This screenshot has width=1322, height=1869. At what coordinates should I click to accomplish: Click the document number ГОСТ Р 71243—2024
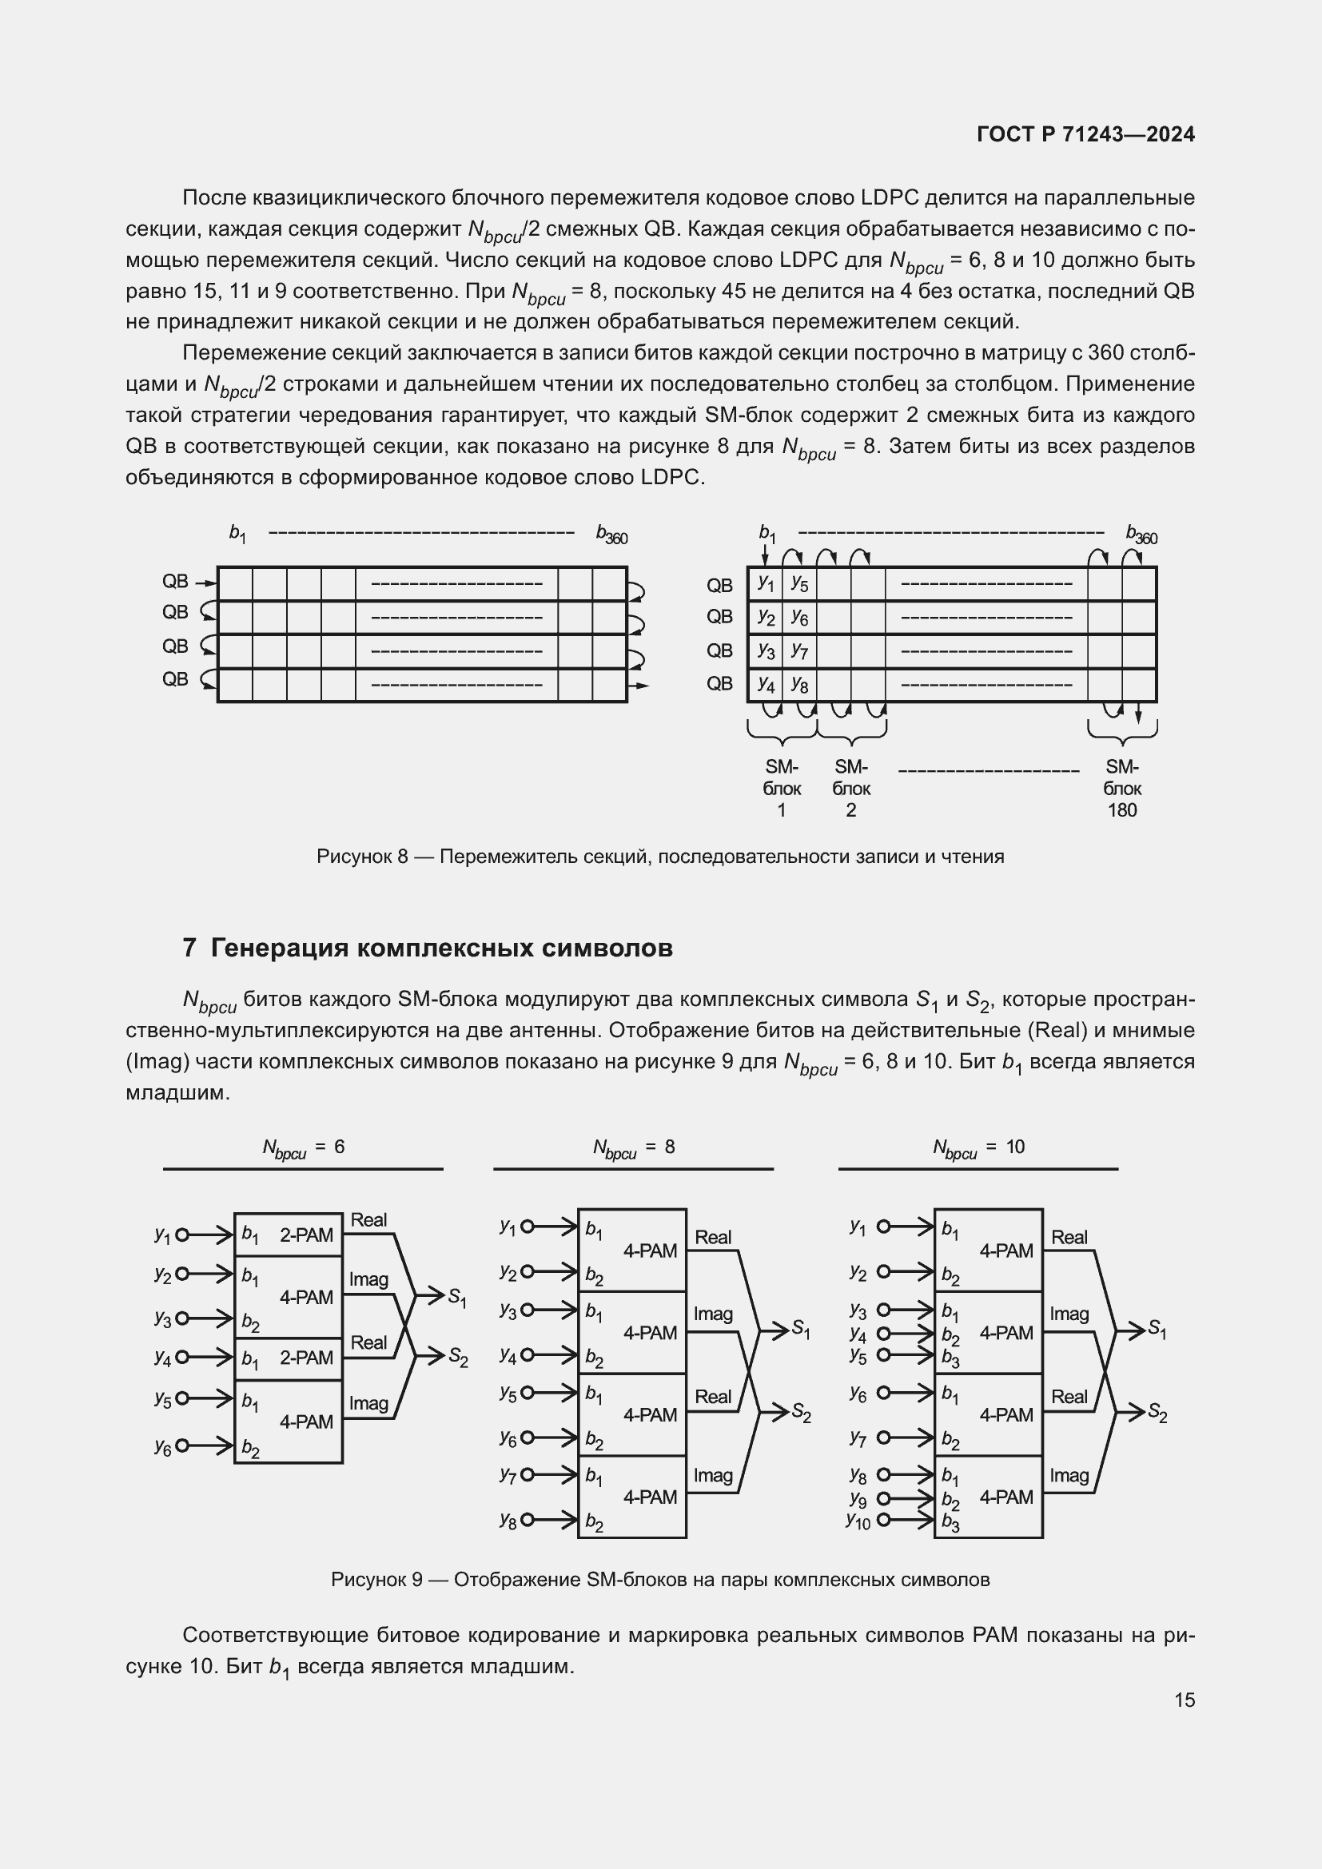tap(1085, 134)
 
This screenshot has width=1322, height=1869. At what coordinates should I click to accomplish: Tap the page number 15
tap(1185, 1700)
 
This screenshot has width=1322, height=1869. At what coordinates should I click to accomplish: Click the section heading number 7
tap(189, 948)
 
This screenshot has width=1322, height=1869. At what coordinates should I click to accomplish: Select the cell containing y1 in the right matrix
tap(765, 583)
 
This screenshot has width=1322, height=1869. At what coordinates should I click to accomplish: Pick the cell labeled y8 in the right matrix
tap(799, 686)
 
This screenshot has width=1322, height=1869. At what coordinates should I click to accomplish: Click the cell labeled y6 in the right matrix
tap(799, 618)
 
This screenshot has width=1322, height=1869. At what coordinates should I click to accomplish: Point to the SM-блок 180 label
tap(1121, 788)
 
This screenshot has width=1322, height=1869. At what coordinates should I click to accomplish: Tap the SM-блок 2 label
tap(850, 788)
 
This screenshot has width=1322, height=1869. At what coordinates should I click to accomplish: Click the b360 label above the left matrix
tap(611, 534)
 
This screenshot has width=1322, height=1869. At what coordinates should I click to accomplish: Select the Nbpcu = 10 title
tap(978, 1147)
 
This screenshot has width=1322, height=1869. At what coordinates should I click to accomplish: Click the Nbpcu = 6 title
tap(303, 1147)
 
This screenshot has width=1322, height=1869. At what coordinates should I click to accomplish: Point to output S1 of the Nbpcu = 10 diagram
tap(1157, 1330)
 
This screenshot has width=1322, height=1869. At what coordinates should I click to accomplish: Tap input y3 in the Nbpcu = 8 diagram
tap(508, 1310)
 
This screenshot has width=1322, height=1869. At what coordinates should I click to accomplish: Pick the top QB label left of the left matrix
tap(175, 581)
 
